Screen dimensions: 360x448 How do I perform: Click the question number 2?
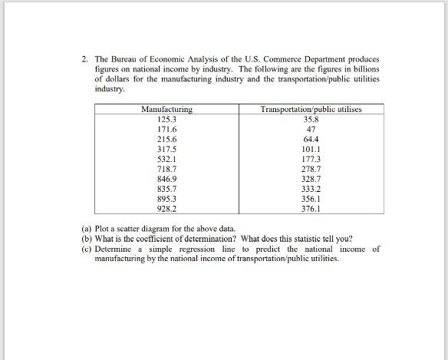click(85, 59)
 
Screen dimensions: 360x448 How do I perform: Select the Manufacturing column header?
click(166, 111)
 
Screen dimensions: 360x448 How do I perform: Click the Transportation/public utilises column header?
click(311, 111)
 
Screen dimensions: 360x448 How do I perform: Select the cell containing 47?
click(311, 130)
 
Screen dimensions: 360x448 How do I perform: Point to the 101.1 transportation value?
click(311, 149)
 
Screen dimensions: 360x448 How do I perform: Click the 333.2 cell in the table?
click(311, 188)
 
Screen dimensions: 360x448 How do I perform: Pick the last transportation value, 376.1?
click(311, 208)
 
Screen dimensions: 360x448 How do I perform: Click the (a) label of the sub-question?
click(87, 230)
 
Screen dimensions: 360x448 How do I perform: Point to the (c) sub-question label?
click(87, 249)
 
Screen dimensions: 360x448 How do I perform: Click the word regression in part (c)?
click(212, 249)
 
